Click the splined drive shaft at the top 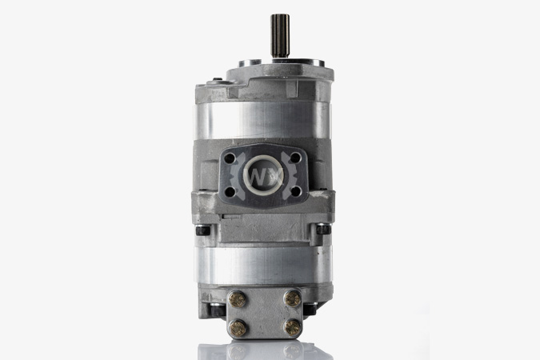tap(280, 35)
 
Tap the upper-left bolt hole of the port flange tap(230, 158)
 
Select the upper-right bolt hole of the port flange tap(295, 158)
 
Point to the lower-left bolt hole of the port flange tap(230, 192)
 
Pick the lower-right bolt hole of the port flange tap(295, 191)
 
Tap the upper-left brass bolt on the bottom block tap(237, 298)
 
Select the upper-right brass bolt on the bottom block tap(292, 298)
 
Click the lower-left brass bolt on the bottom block tap(238, 328)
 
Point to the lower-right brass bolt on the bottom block tap(293, 327)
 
